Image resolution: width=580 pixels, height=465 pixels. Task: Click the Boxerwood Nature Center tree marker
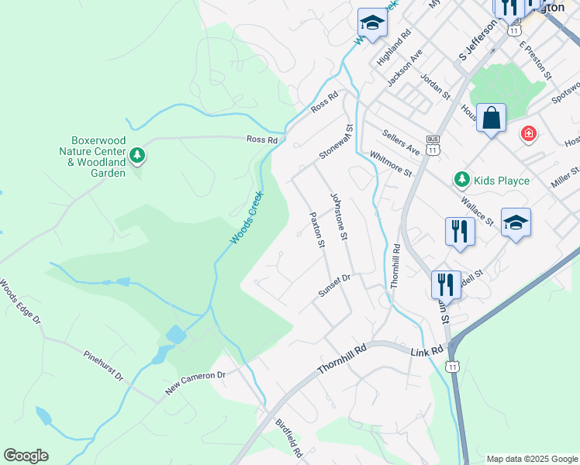tap(137, 156)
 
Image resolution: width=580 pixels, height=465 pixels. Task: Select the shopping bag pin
tap(491, 119)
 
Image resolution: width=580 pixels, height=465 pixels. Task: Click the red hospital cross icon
tap(529, 133)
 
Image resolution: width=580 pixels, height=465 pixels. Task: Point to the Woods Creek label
tap(247, 219)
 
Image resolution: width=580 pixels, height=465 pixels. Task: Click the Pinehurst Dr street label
tap(103, 365)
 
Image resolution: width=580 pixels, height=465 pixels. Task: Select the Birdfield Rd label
tap(288, 437)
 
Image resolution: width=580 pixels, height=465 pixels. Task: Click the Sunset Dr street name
tap(334, 285)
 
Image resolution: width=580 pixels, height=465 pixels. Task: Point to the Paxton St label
tap(316, 230)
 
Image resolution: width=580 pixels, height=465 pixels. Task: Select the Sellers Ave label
tap(400, 143)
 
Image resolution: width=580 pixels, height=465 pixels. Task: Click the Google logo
tap(26, 456)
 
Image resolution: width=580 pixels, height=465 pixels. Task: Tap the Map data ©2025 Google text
tap(532, 459)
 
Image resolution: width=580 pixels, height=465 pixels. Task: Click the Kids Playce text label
tap(502, 181)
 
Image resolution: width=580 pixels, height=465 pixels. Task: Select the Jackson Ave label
tap(405, 67)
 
